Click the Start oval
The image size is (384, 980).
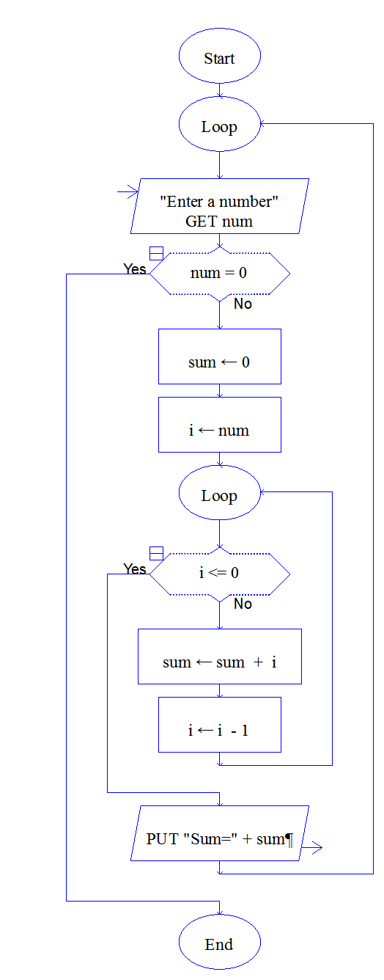tap(219, 56)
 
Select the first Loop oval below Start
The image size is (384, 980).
tap(219, 124)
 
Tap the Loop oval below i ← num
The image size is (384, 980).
tap(219, 493)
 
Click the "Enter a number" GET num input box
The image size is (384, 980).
tap(220, 206)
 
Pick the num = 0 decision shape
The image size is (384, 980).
tap(220, 274)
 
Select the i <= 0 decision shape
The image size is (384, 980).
tap(220, 574)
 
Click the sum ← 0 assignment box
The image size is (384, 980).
tap(220, 356)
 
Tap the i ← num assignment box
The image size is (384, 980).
tap(220, 425)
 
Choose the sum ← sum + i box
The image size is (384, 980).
tap(220, 657)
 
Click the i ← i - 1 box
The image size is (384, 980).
tap(220, 725)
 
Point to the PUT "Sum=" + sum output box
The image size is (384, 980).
tap(220, 833)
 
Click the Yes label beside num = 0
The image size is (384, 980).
tap(135, 268)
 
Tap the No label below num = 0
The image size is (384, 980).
tap(243, 304)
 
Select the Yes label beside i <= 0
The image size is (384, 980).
tap(135, 568)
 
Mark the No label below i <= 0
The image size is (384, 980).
tap(243, 604)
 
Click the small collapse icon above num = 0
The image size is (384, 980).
tap(156, 253)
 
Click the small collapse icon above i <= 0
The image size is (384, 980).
tap(156, 553)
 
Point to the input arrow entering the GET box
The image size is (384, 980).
tap(128, 191)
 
